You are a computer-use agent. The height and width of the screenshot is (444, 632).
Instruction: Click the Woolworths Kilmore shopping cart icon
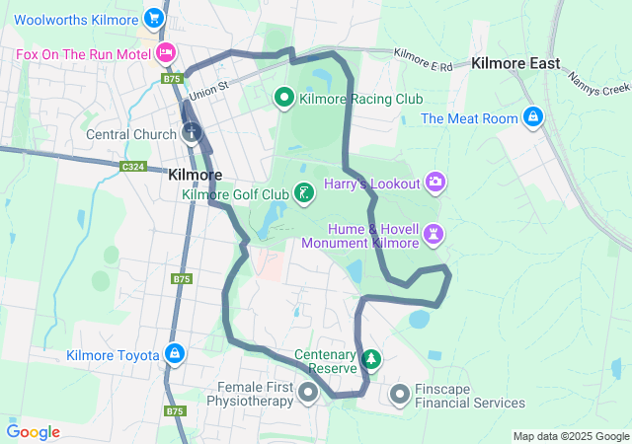tap(153, 18)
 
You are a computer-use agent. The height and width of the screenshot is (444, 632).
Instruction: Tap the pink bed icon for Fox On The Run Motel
tap(166, 52)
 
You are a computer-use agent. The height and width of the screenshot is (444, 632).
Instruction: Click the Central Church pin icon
tap(192, 131)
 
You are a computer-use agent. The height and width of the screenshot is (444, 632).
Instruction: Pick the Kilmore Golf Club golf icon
tap(305, 193)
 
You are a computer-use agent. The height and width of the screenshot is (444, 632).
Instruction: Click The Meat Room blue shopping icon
tap(533, 117)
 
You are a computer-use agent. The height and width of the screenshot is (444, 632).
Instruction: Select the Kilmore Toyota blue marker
tap(175, 353)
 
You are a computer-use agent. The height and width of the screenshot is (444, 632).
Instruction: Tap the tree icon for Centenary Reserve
tap(371, 359)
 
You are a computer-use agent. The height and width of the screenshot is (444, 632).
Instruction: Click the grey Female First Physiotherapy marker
tap(307, 394)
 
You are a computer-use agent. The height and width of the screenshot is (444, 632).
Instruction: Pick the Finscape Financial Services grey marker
tap(400, 395)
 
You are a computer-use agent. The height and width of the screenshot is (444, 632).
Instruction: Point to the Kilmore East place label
tap(515, 63)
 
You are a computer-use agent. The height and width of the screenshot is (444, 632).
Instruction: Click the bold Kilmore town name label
tap(195, 174)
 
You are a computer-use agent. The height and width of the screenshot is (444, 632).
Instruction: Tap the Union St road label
tap(209, 90)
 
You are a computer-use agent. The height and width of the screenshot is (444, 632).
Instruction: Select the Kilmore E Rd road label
tap(422, 59)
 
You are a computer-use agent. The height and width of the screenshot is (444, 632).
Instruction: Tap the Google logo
tap(33, 432)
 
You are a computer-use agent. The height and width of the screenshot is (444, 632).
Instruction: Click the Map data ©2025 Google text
tap(571, 436)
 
